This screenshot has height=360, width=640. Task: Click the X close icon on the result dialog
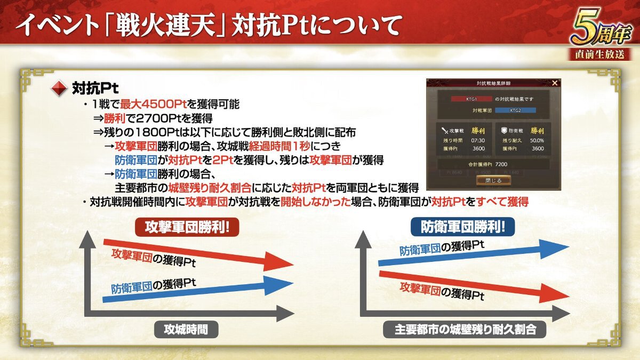click(x=555, y=83)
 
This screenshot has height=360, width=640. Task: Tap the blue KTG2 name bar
click(x=515, y=110)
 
